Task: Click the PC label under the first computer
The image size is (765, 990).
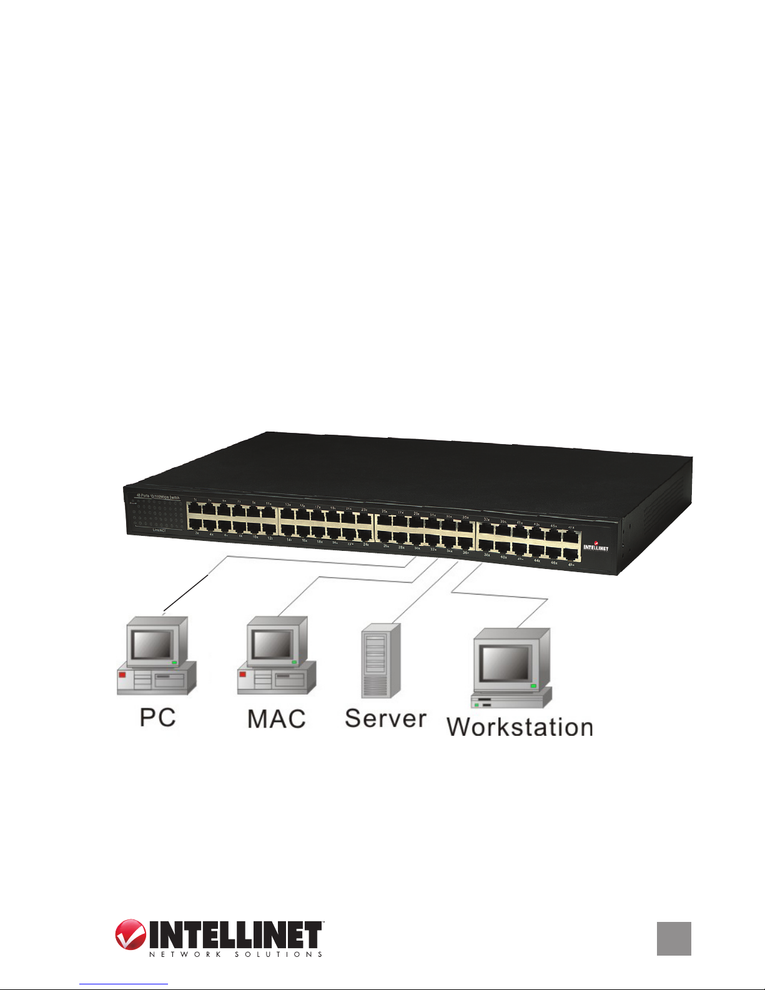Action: (157, 717)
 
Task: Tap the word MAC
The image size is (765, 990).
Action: (277, 718)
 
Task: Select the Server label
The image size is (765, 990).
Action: (385, 718)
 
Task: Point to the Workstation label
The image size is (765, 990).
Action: (520, 727)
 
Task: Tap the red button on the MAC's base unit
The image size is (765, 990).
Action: (242, 675)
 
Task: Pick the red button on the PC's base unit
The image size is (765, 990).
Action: (122, 675)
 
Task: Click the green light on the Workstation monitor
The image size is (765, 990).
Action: (533, 686)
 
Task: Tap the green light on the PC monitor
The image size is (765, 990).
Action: (175, 661)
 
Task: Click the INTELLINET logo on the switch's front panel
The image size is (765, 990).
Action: (596, 547)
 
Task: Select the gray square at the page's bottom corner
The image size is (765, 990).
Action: (674, 939)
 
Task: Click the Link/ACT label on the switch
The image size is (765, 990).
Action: (159, 530)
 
